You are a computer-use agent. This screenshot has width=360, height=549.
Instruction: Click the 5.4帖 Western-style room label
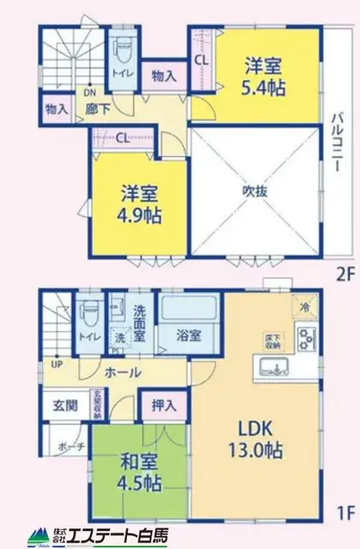(x=263, y=76)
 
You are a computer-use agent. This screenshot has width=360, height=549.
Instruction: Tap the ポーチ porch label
(x=71, y=448)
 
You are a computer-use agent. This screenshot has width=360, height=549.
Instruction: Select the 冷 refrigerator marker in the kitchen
(x=304, y=305)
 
